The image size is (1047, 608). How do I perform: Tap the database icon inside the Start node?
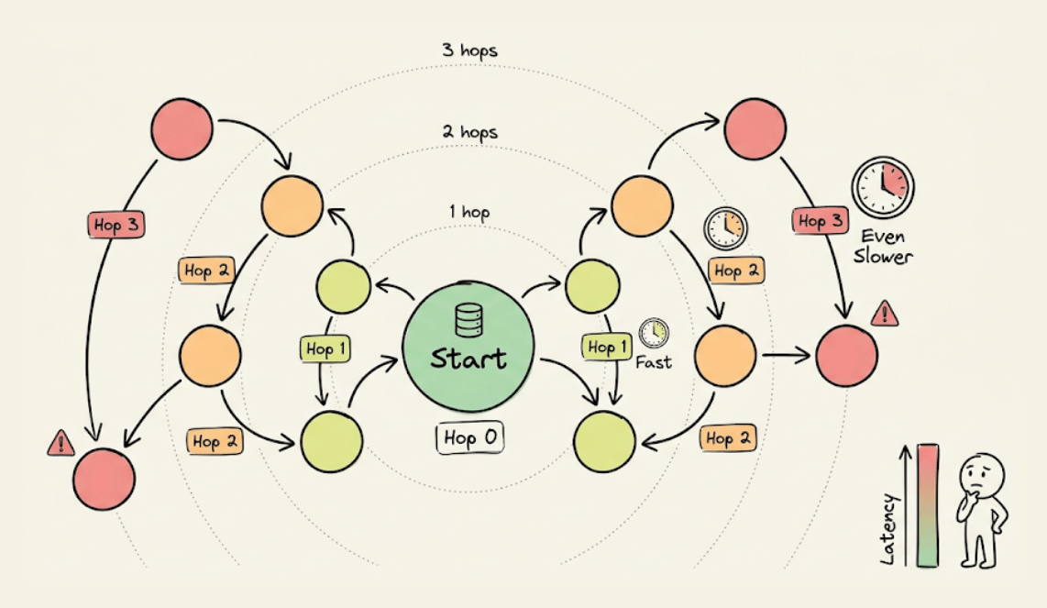[468, 321]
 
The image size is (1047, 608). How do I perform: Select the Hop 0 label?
[469, 438]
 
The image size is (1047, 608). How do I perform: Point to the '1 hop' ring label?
[468, 213]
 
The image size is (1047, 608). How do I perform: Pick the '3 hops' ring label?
[468, 50]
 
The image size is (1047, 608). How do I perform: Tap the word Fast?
[654, 362]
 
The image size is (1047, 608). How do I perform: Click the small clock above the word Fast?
[654, 332]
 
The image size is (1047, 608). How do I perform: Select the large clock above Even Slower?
[882, 186]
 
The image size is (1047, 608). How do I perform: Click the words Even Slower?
[883, 247]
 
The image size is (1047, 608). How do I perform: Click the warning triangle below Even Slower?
[885, 314]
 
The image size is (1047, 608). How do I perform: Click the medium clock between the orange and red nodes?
[725, 227]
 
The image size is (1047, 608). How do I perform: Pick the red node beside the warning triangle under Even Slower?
[846, 356]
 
